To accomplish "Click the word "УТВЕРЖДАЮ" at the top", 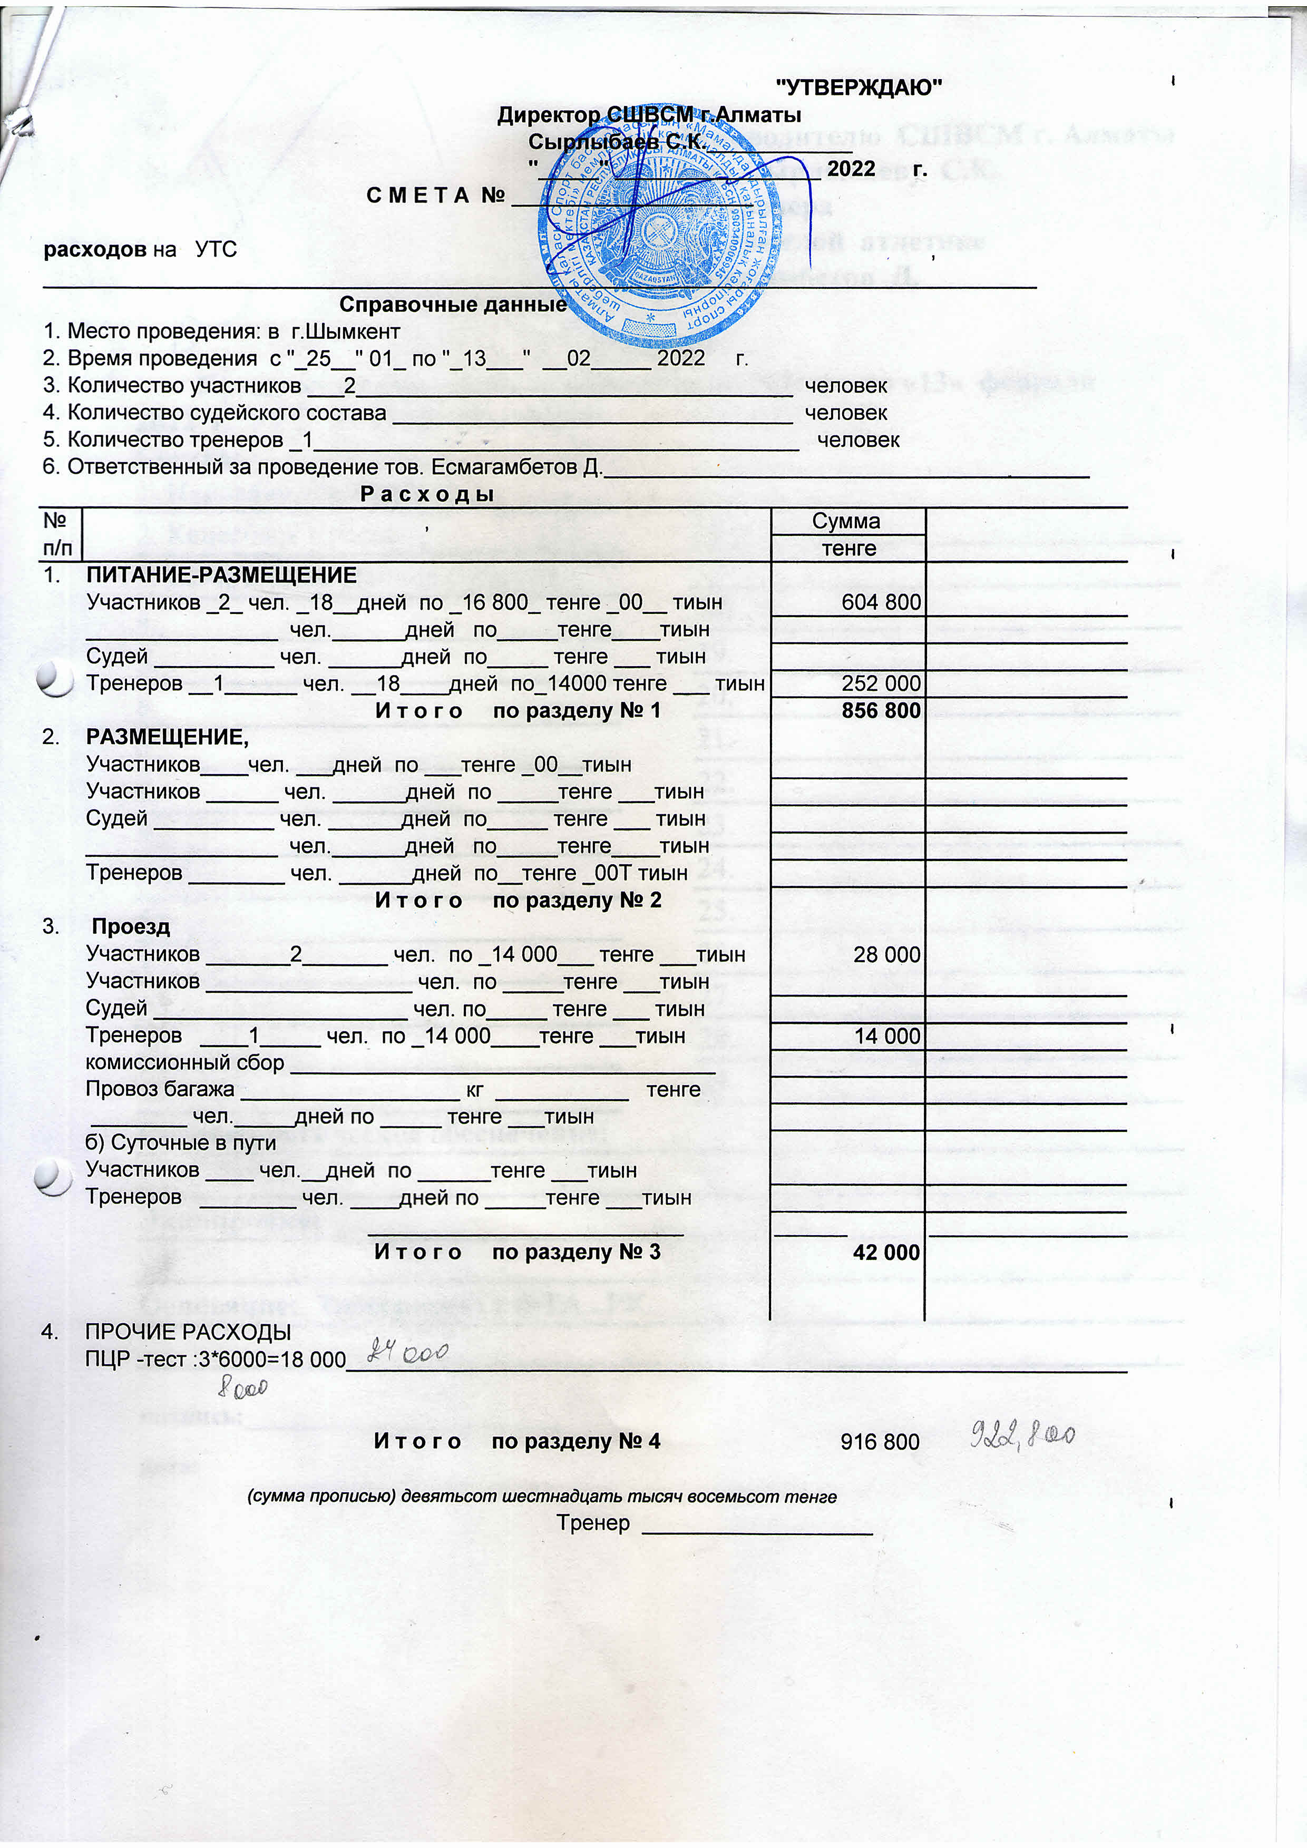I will (x=858, y=87).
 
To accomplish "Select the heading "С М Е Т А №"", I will (x=435, y=195).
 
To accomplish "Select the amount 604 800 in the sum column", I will (x=881, y=603).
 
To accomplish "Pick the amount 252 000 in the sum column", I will (x=881, y=683).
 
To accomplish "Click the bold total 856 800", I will (x=881, y=711).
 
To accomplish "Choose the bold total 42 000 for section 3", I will (x=885, y=1253).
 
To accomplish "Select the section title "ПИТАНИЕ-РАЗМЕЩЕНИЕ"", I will (x=221, y=575).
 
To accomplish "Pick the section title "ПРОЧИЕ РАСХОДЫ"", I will (x=188, y=1332).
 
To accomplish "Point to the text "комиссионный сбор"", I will (x=185, y=1063).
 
